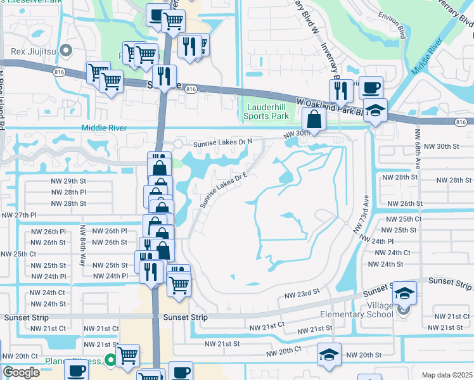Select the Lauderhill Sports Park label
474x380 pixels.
(267, 112)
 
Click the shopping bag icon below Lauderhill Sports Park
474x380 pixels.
(314, 118)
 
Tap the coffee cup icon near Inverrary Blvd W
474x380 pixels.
(371, 87)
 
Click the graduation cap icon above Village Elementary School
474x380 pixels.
(404, 293)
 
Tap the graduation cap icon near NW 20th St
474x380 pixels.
(329, 355)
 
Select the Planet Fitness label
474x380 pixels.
(76, 362)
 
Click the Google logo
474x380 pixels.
(21, 372)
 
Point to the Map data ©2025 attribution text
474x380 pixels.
(447, 375)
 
